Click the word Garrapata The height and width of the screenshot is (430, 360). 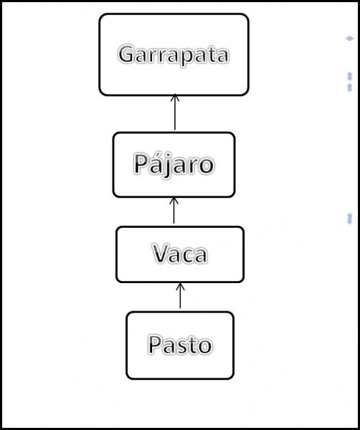(174, 55)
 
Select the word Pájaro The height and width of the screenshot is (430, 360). (174, 165)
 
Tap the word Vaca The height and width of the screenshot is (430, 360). (180, 254)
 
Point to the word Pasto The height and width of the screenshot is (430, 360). (180, 345)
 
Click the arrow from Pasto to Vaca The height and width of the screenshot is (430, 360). (180, 295)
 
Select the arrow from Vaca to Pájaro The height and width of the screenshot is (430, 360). (174, 210)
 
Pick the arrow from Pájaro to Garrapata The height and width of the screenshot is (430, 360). (175, 112)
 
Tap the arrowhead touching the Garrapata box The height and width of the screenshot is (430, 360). (175, 97)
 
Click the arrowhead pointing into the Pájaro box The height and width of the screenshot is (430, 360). (174, 200)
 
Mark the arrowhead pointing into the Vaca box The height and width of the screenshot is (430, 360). (180, 286)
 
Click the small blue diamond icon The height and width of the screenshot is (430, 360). (349, 39)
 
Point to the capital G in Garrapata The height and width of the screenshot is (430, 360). (126, 54)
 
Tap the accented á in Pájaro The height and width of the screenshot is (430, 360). (155, 163)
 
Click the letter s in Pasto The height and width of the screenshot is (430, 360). (181, 347)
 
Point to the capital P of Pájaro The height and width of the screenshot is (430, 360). (141, 163)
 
